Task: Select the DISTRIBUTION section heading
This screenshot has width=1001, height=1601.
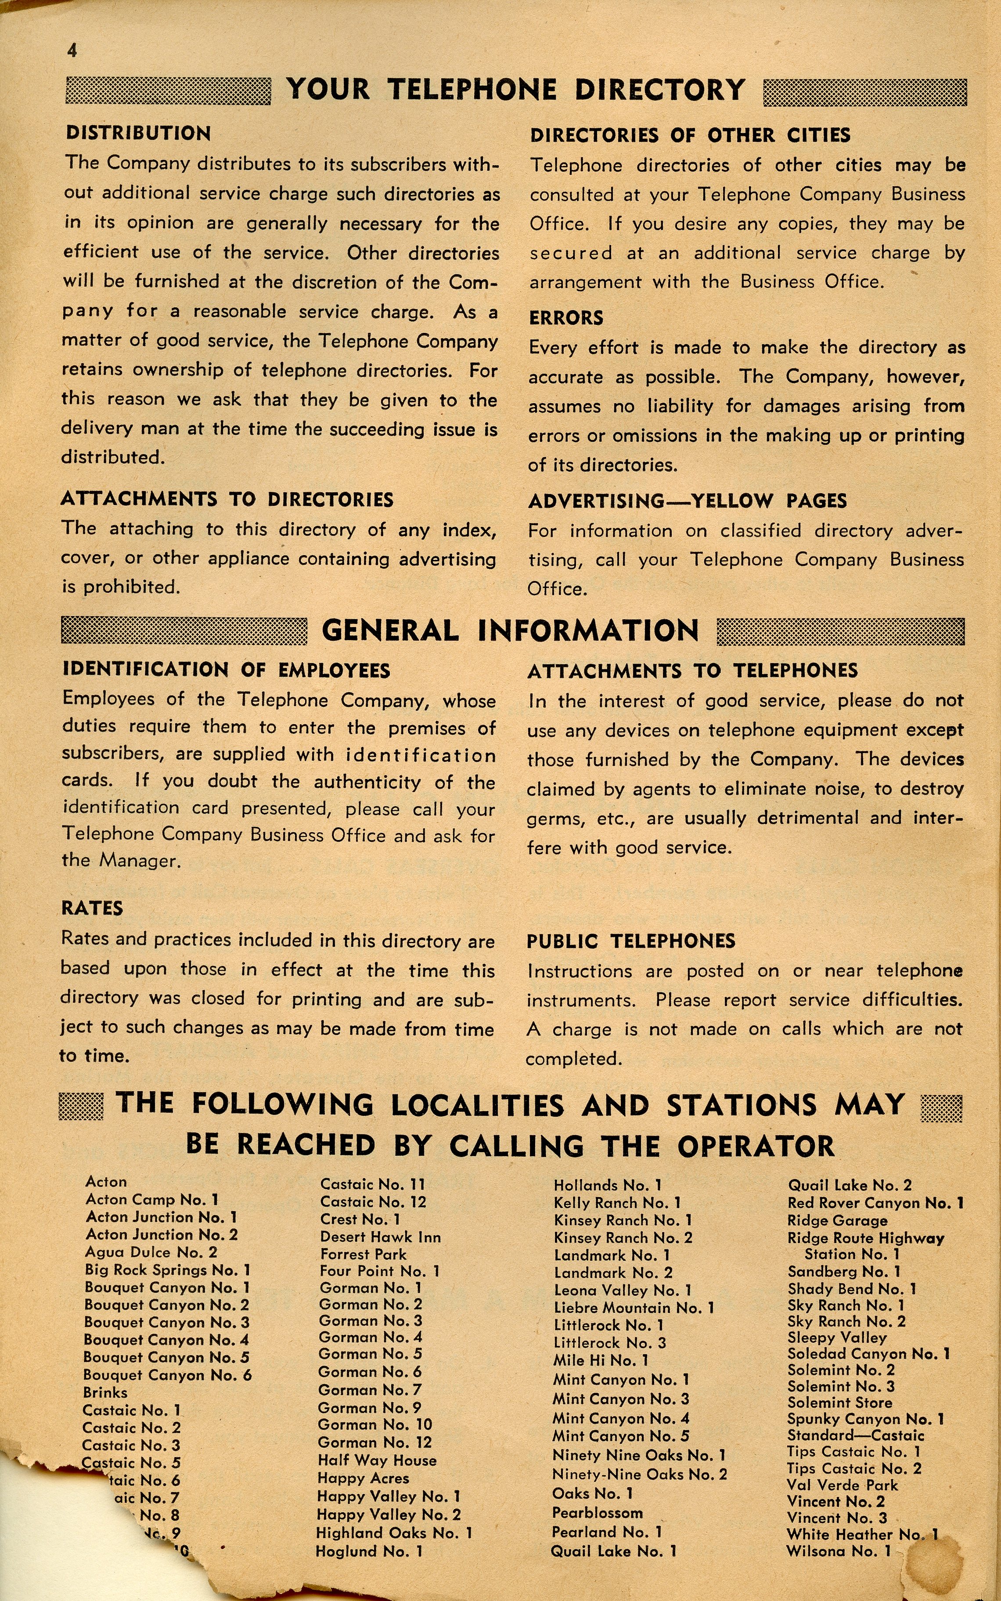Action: tap(138, 133)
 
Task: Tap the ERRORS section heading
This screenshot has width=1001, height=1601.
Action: tap(565, 318)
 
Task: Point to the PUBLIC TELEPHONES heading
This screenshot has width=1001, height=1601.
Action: tap(631, 941)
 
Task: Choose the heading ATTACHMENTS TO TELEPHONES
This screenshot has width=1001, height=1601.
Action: tap(692, 671)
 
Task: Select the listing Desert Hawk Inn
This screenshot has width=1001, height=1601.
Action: tap(380, 1237)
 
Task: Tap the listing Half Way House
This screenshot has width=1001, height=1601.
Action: tap(377, 1460)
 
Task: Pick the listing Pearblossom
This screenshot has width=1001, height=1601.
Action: tap(597, 1513)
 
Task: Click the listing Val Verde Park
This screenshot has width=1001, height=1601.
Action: tap(842, 1485)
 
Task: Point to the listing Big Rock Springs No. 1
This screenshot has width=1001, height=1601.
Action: tap(168, 1270)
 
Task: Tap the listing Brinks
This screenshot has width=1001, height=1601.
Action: tap(105, 1392)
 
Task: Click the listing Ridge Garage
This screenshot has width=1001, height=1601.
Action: tap(837, 1220)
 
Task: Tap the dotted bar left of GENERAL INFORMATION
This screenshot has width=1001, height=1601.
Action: tap(184, 630)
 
